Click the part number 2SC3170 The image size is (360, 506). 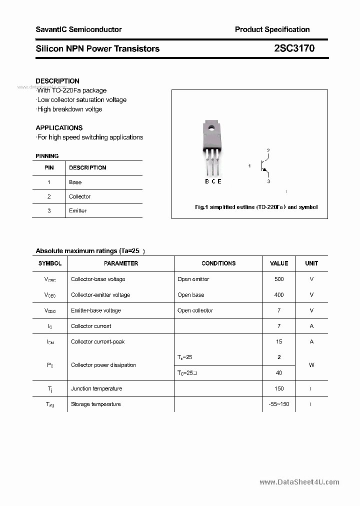[294, 48]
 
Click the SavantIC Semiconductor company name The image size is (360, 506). [78, 29]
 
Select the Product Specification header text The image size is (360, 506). [272, 29]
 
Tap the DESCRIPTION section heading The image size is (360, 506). [57, 81]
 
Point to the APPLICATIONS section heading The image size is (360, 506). [59, 127]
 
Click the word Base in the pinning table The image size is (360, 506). [75, 182]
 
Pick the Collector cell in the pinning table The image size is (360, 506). [79, 196]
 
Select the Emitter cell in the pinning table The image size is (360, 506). [77, 211]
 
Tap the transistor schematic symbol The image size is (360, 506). [263, 166]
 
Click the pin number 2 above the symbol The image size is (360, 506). [268, 150]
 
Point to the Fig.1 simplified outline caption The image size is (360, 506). [255, 207]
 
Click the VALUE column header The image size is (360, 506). [279, 263]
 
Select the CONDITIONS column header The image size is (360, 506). [218, 263]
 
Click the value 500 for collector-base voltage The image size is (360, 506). [279, 279]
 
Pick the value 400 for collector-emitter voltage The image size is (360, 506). [279, 295]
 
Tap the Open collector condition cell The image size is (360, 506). [195, 310]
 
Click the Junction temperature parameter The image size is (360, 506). [96, 388]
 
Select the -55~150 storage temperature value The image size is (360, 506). [279, 404]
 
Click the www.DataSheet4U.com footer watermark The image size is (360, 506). [299, 482]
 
